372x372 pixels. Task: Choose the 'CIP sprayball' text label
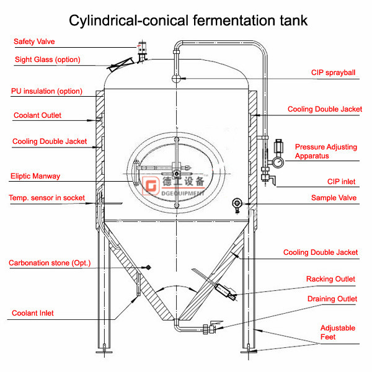pyautogui.click(x=333, y=73)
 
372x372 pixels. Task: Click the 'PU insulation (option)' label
pyautogui.click(x=46, y=91)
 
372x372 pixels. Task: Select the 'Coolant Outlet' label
pyautogui.click(x=38, y=115)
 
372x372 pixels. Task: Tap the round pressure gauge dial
pyautogui.click(x=277, y=161)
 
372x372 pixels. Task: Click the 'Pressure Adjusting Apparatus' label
pyautogui.click(x=325, y=151)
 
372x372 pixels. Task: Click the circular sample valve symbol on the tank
pyautogui.click(x=237, y=203)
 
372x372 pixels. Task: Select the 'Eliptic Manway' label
pyautogui.click(x=35, y=176)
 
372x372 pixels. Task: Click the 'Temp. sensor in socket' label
pyautogui.click(x=46, y=198)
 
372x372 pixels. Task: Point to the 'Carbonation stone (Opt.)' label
pyautogui.click(x=50, y=263)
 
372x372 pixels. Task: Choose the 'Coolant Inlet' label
pyautogui.click(x=33, y=313)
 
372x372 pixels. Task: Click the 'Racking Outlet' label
pyautogui.click(x=330, y=279)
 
